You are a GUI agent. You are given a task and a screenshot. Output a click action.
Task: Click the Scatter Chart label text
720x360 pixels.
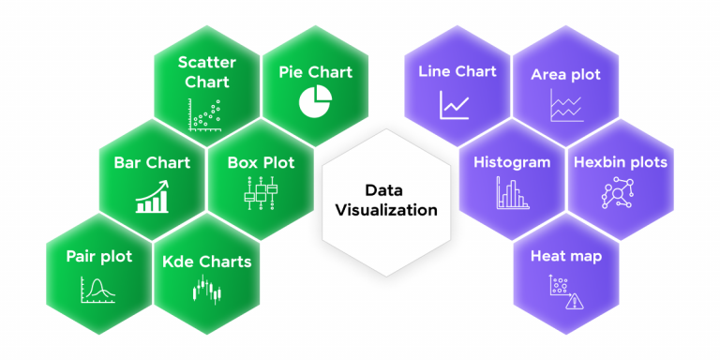pyautogui.click(x=206, y=72)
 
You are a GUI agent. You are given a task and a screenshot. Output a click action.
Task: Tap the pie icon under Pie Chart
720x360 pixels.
pyautogui.click(x=316, y=99)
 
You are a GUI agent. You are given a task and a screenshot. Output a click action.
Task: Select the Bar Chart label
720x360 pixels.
pyautogui.click(x=152, y=163)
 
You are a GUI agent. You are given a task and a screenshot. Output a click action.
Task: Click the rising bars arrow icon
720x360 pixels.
pyautogui.click(x=152, y=197)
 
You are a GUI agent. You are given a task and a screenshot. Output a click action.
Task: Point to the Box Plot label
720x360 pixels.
pyautogui.click(x=261, y=163)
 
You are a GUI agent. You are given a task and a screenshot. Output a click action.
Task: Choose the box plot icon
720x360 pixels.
pyautogui.click(x=261, y=196)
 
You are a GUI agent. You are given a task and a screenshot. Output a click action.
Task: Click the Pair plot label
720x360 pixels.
pyautogui.click(x=98, y=256)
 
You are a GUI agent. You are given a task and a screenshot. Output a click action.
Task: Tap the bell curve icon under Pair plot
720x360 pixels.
pyautogui.click(x=98, y=290)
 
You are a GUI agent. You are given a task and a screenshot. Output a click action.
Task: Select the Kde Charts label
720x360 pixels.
pyautogui.click(x=207, y=262)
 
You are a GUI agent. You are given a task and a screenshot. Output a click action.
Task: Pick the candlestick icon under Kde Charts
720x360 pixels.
pyautogui.click(x=207, y=292)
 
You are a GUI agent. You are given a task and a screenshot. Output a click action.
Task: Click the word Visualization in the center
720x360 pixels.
pyautogui.click(x=386, y=210)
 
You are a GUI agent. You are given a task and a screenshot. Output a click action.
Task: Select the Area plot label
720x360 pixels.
pyautogui.click(x=565, y=74)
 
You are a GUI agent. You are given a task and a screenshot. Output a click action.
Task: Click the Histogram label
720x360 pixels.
pyautogui.click(x=511, y=162)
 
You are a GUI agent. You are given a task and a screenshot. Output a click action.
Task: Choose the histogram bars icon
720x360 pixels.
pyautogui.click(x=511, y=194)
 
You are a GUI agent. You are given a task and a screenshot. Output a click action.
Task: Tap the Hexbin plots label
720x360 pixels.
pyautogui.click(x=620, y=162)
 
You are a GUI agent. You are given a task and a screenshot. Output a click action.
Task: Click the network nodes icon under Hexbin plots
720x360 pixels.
pyautogui.click(x=618, y=192)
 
